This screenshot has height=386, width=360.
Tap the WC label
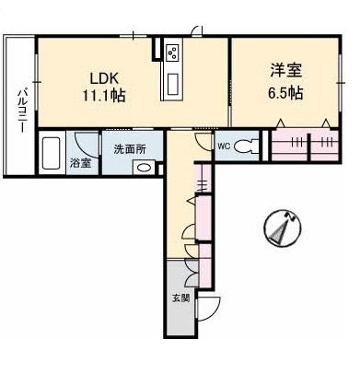tap(224, 146)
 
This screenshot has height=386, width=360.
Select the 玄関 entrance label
tap(180, 298)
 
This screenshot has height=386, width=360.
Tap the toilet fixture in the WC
tap(246, 146)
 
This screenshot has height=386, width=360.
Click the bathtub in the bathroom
tap(52, 153)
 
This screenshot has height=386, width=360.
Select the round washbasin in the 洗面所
tap(144, 168)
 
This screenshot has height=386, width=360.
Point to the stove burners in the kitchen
tap(171, 52)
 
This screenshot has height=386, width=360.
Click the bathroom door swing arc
tap(87, 144)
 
